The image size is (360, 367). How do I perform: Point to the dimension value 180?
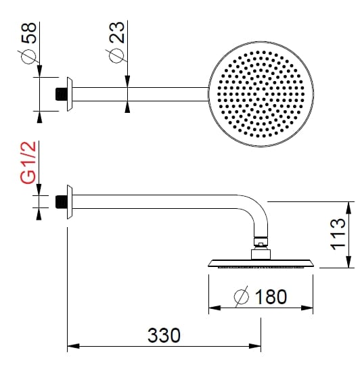[271, 296]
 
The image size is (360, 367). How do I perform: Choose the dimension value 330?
[164, 335]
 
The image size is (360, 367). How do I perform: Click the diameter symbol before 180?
[242, 297]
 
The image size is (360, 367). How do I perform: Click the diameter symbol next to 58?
[28, 55]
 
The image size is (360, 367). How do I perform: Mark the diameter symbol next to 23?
[116, 54]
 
